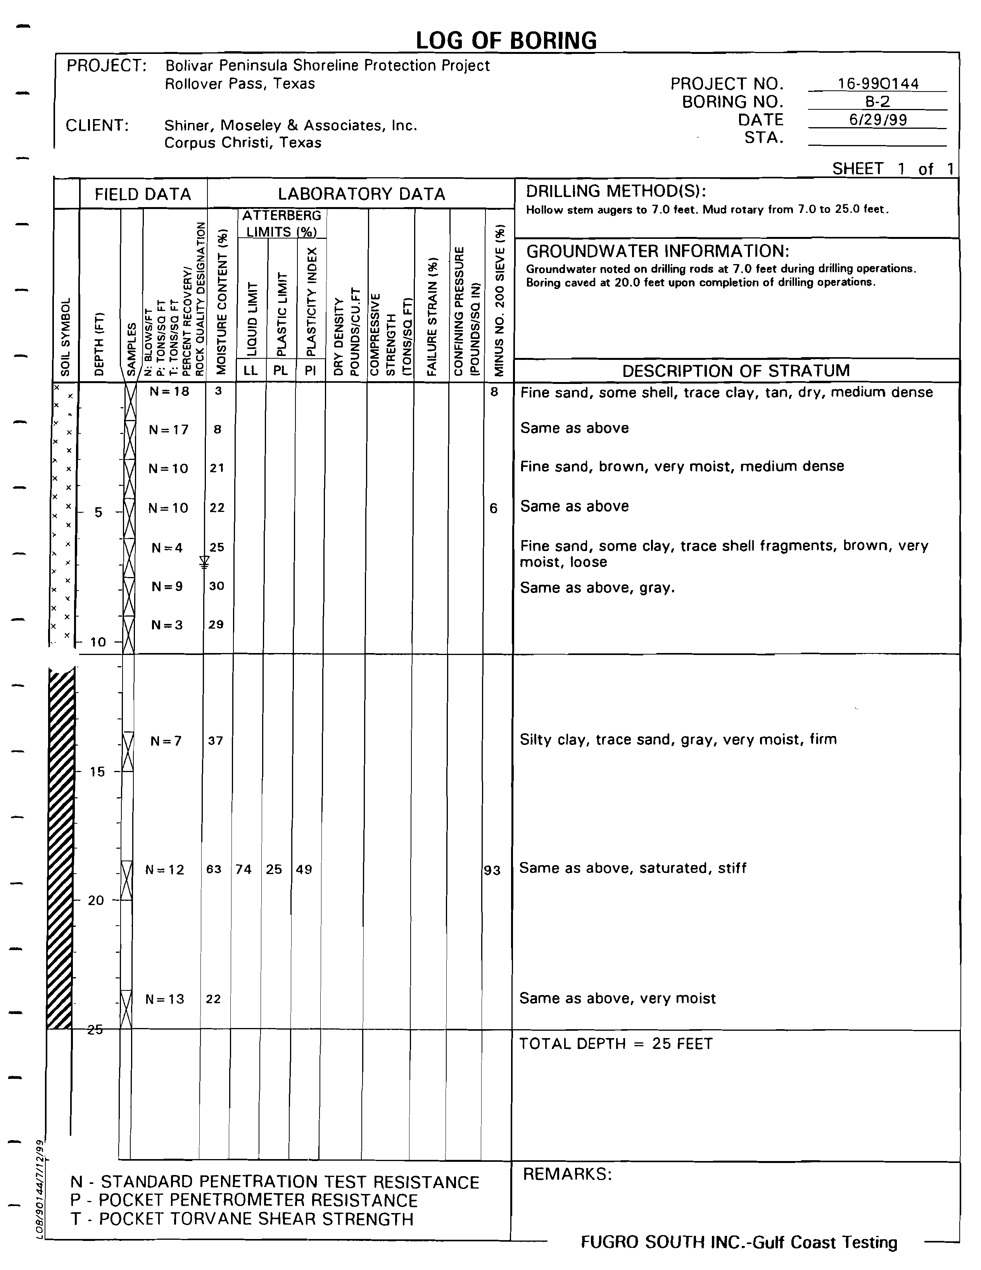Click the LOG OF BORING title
[x=506, y=41]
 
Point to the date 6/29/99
[x=878, y=120]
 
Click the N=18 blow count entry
[x=169, y=391]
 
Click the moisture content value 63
[x=214, y=869]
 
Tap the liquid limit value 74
[x=244, y=869]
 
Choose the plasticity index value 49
[x=304, y=869]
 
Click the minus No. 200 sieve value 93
[x=492, y=871]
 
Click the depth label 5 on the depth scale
[x=98, y=512]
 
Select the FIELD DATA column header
[x=143, y=194]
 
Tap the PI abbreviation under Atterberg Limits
[x=311, y=370]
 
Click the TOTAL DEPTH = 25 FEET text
[x=616, y=1044]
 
